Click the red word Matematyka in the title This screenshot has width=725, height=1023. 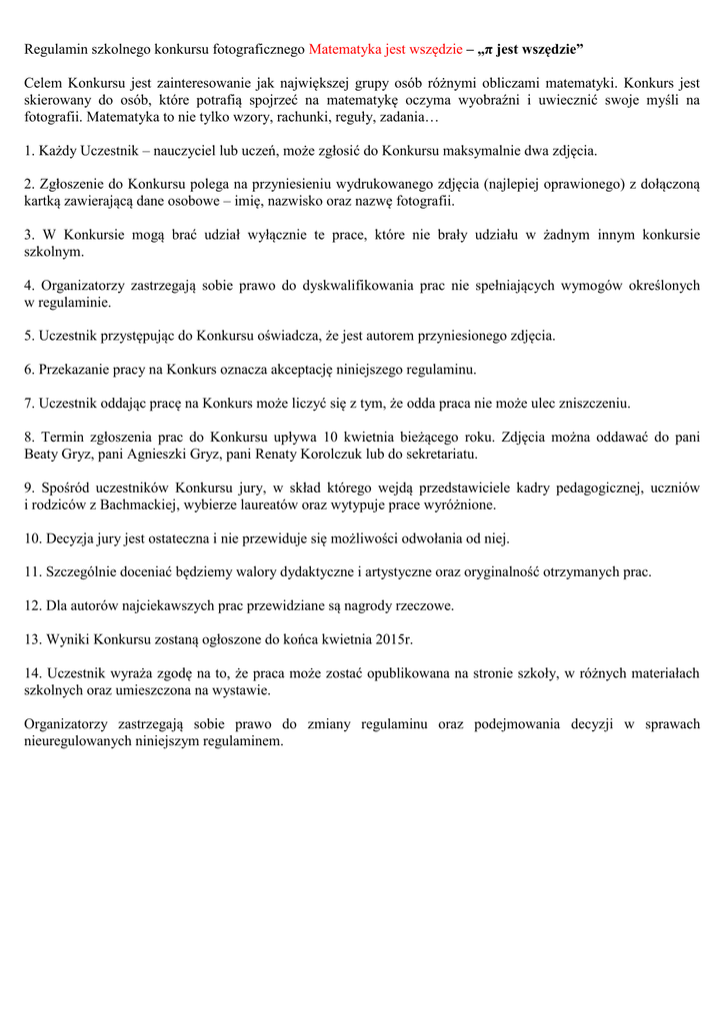(x=346, y=49)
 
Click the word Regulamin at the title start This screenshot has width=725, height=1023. (x=56, y=49)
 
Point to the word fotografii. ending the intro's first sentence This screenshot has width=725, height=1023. (x=55, y=117)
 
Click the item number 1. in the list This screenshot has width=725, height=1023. (x=29, y=151)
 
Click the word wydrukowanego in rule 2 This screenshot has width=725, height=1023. (x=376, y=185)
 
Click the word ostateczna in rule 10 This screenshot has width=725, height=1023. (x=169, y=538)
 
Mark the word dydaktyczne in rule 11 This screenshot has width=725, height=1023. (x=307, y=572)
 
